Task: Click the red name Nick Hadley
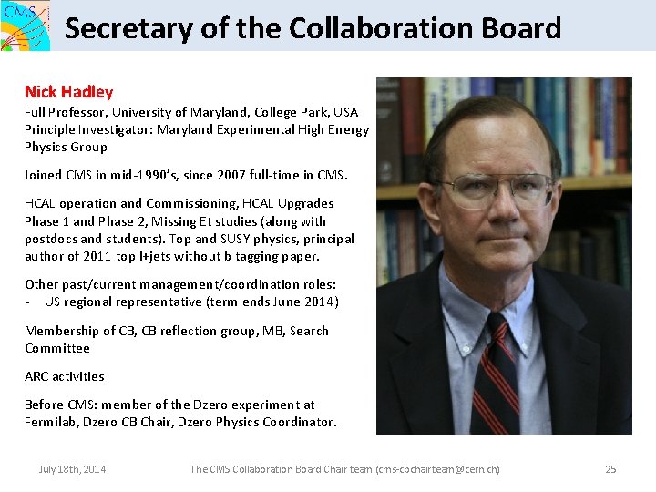(69, 92)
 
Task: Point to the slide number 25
(610, 469)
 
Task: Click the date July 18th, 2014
(72, 469)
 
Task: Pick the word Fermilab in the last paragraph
(54, 422)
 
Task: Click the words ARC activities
(65, 376)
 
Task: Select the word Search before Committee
(308, 331)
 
